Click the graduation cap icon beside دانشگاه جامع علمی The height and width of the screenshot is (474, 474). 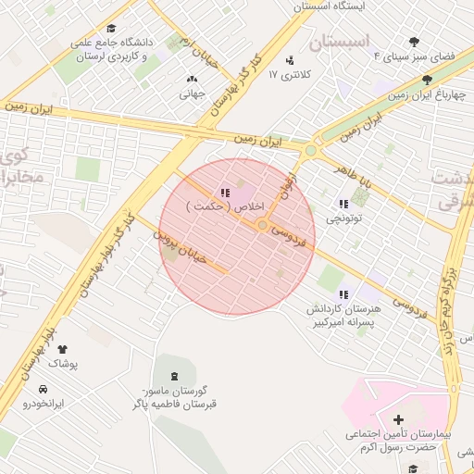pyautogui.click(x=112, y=29)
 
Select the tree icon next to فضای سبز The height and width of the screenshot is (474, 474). pyautogui.click(x=413, y=40)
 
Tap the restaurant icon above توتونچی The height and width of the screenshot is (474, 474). pyautogui.click(x=344, y=204)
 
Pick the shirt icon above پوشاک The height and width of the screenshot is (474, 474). pyautogui.click(x=62, y=350)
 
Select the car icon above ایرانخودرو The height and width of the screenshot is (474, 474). pyautogui.click(x=43, y=390)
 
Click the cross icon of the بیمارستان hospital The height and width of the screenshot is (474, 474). pyautogui.click(x=398, y=419)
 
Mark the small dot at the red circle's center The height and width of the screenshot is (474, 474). pyautogui.click(x=263, y=225)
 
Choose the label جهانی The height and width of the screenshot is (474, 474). pyautogui.click(x=192, y=93)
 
